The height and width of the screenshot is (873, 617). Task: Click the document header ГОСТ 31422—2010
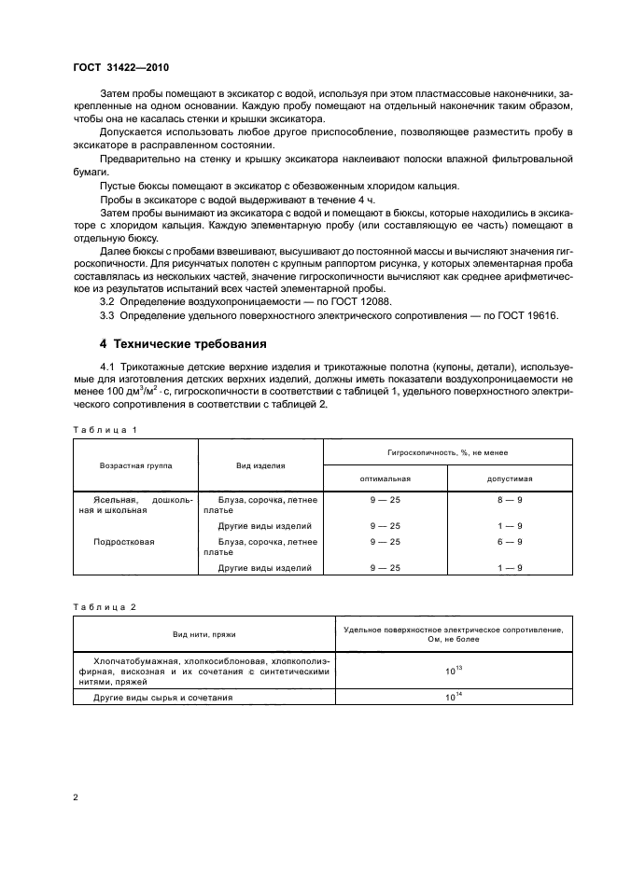pyautogui.click(x=120, y=68)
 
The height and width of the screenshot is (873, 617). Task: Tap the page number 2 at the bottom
pyautogui.click(x=76, y=797)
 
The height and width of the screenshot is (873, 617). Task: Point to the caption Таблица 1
pyautogui.click(x=105, y=429)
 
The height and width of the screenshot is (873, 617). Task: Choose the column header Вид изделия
pyautogui.click(x=261, y=464)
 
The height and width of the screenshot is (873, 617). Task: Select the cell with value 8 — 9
pyautogui.click(x=510, y=501)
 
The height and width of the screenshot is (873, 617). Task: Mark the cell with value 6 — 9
pyautogui.click(x=510, y=541)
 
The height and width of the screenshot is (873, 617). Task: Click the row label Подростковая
pyautogui.click(x=125, y=541)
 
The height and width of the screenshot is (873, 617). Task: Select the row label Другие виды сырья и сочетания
pyautogui.click(x=165, y=697)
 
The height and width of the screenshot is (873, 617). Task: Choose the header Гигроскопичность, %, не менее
pyautogui.click(x=447, y=450)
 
